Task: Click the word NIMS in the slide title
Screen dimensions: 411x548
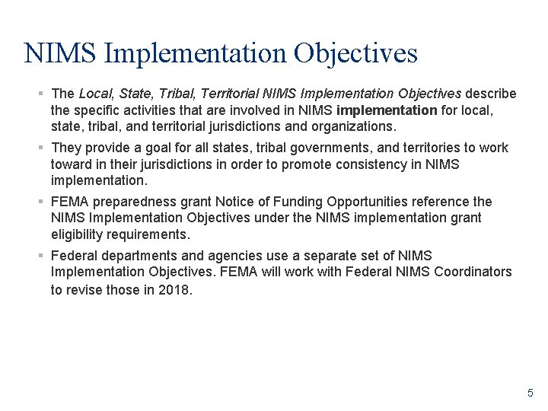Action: click(59, 53)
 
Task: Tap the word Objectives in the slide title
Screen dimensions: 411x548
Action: click(355, 53)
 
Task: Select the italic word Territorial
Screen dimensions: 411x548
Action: click(226, 94)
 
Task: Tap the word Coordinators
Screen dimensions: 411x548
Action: click(473, 272)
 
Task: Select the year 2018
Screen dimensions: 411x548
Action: click(174, 289)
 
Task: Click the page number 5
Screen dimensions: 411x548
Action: click(530, 393)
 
